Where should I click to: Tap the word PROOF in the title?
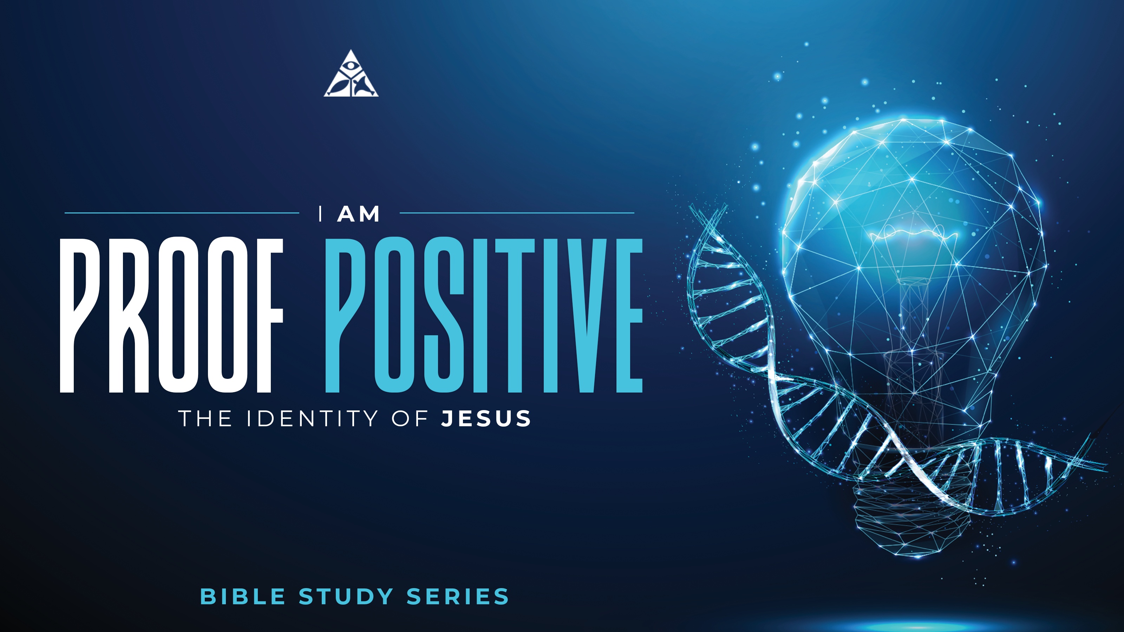(x=171, y=315)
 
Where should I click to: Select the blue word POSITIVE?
(x=483, y=315)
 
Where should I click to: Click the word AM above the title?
(x=358, y=214)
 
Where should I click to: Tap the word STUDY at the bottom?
(x=346, y=597)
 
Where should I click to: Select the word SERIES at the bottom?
(x=458, y=597)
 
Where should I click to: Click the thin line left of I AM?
(x=182, y=213)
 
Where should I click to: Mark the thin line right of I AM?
(x=517, y=213)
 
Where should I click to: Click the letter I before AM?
(x=321, y=214)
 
